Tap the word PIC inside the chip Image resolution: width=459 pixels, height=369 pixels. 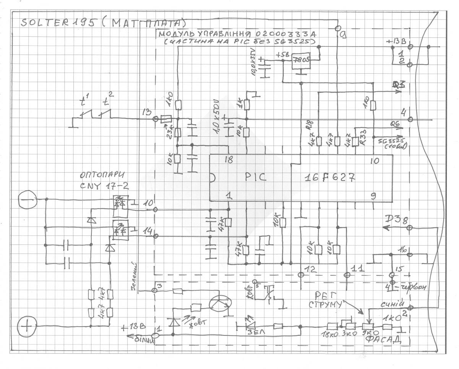(253, 178)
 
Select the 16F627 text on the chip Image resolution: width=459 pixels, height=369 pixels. (330, 178)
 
